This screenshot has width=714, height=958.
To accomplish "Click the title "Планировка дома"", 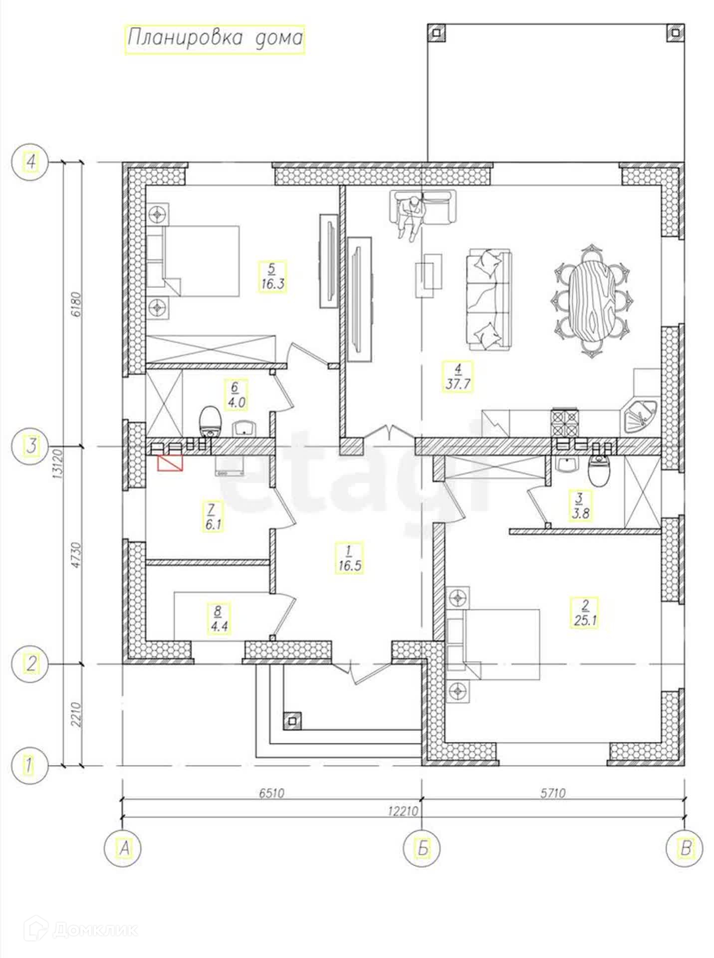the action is tap(215, 38).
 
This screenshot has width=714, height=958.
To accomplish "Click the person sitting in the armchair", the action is tap(411, 217).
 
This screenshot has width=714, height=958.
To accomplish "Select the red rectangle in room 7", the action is tap(170, 463).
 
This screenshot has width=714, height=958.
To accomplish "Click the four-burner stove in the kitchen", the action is tap(564, 423).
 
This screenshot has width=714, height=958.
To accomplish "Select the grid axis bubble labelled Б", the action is tap(422, 848).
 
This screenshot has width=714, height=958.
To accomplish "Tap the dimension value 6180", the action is tap(76, 304).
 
